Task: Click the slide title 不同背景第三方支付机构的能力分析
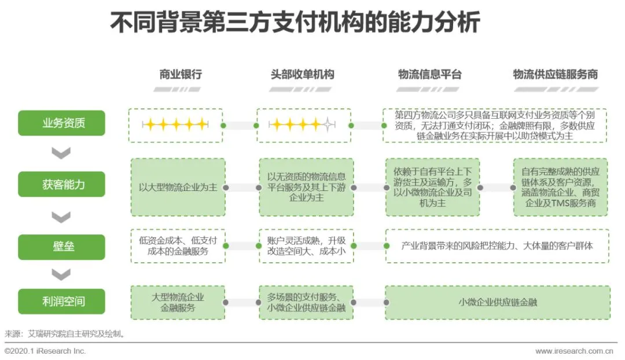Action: pyautogui.click(x=295, y=24)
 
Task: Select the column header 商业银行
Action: pyautogui.click(x=181, y=75)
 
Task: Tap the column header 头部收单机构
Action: pyautogui.click(x=303, y=75)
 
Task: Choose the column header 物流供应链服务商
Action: pyautogui.click(x=555, y=75)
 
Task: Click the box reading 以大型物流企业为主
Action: pyautogui.click(x=177, y=188)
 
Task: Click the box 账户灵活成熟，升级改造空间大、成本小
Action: pyautogui.click(x=306, y=246)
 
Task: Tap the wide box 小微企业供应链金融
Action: pyautogui.click(x=497, y=302)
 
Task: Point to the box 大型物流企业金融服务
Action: pyautogui.click(x=177, y=302)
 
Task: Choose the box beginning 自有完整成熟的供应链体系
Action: pyautogui.click(x=560, y=188)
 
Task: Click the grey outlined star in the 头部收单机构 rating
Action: pyautogui.click(x=329, y=124)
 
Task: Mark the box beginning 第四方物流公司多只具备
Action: pyautogui.click(x=494, y=125)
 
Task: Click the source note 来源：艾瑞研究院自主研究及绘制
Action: pyautogui.click(x=65, y=333)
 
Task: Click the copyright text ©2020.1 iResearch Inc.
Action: pyautogui.click(x=45, y=351)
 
